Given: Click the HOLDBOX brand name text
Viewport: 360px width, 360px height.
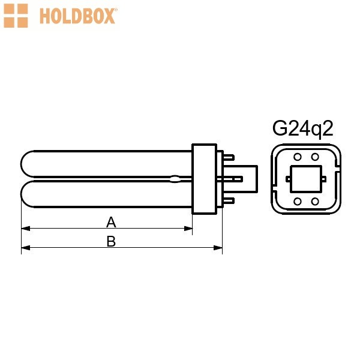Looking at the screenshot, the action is [77, 16].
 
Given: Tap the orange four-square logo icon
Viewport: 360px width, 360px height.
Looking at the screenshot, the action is [16, 16].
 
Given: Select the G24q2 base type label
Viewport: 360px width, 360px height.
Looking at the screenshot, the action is [302, 130].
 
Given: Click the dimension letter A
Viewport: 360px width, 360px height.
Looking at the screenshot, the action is [111, 222].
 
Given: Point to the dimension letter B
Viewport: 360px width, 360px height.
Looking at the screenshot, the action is [111, 242].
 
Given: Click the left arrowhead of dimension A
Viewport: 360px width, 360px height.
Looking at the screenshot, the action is [25, 229].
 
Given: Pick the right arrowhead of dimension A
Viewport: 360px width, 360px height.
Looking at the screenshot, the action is [188, 229].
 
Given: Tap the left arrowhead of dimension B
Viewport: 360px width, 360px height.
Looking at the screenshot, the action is [25, 248].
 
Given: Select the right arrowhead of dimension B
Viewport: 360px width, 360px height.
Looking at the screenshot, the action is [218, 248].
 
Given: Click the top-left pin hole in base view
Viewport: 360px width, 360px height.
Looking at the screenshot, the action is [298, 157].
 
